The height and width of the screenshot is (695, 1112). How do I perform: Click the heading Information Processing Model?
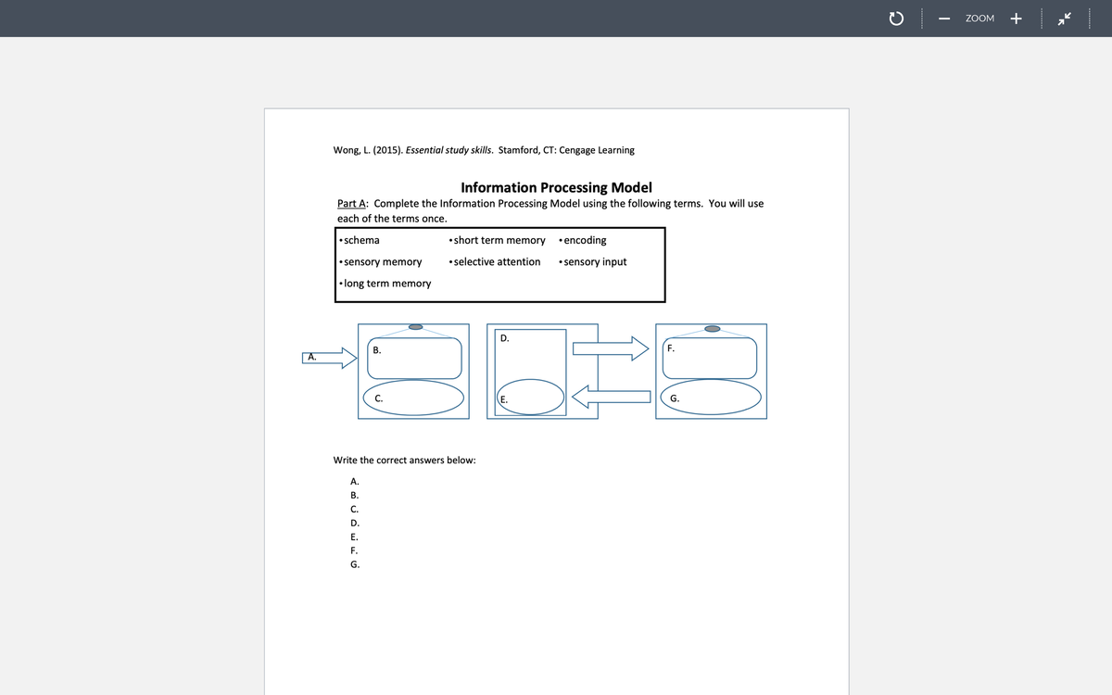point(556,187)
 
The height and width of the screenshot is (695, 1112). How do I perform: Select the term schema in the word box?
point(361,240)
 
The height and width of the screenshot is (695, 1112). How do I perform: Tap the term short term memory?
point(499,240)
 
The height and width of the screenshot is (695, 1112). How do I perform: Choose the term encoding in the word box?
point(585,240)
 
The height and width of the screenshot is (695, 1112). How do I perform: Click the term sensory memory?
point(382,261)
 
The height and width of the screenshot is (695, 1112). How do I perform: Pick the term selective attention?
point(497,261)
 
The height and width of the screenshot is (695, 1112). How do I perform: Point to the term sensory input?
point(595,261)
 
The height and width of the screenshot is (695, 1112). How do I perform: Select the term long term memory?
point(386,283)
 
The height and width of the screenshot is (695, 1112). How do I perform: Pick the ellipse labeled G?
point(712,398)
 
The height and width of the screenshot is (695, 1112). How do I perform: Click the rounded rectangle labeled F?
point(712,358)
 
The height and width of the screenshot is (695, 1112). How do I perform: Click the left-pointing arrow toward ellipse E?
point(612,397)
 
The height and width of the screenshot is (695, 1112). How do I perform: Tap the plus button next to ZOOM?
point(1016,19)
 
